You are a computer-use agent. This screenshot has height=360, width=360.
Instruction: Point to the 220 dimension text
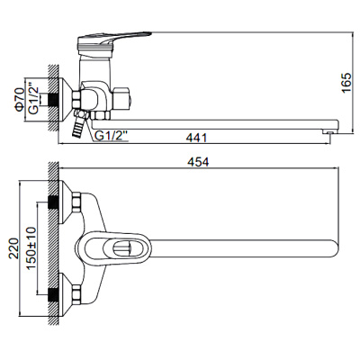pyautogui.click(x=13, y=243)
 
